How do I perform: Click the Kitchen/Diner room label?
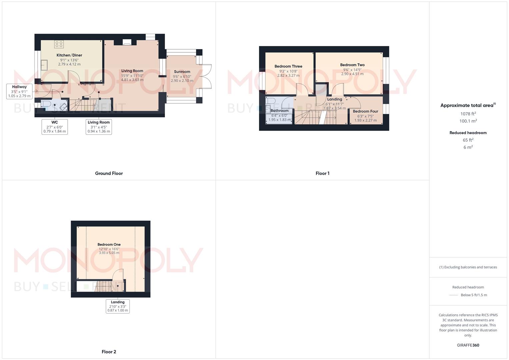(x=69, y=55)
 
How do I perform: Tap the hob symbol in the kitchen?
(x=59, y=44)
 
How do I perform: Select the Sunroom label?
(x=182, y=72)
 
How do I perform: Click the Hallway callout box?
(x=19, y=91)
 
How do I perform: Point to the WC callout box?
(x=55, y=127)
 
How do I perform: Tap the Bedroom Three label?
(x=288, y=66)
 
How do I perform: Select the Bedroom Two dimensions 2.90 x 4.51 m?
(x=352, y=74)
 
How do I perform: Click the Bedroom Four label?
(x=365, y=111)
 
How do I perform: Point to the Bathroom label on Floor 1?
(x=279, y=111)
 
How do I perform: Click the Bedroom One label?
(x=109, y=245)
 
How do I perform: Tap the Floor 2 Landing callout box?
(x=118, y=306)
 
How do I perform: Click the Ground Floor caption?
(x=109, y=173)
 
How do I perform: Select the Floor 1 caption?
(x=322, y=173)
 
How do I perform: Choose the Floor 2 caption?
(x=109, y=352)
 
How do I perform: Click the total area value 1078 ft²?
(x=468, y=114)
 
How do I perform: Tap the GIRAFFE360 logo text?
(x=468, y=345)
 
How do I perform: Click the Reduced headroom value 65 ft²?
(x=468, y=140)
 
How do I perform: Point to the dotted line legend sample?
(x=454, y=295)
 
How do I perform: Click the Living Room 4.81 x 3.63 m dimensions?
(x=132, y=80)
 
